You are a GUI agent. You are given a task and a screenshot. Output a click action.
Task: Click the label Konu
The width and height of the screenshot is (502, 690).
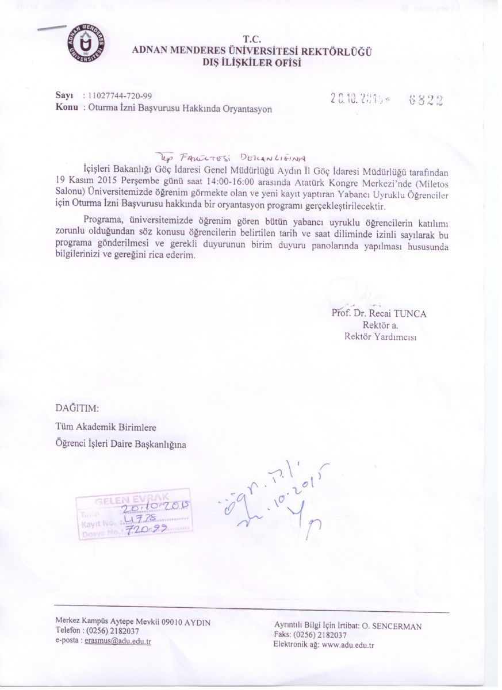(66, 107)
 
